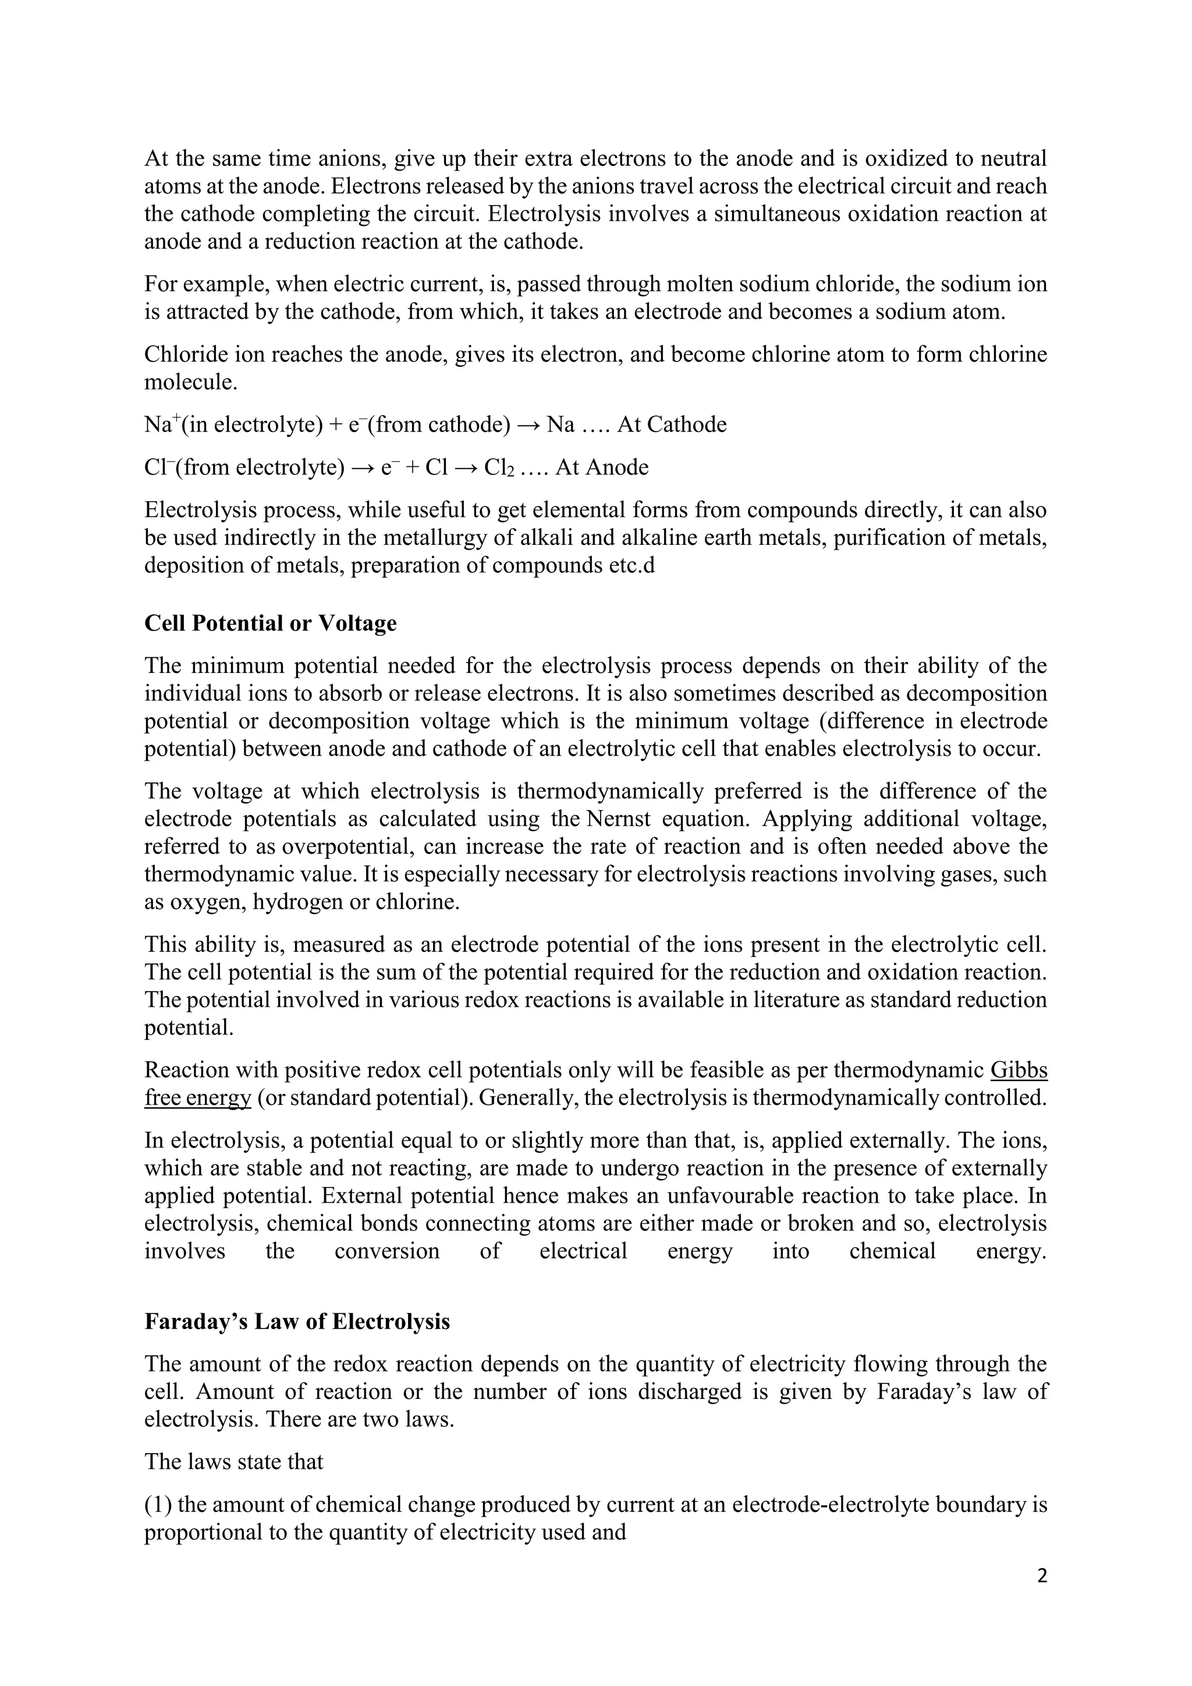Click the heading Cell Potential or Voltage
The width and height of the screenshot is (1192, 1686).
[270, 624]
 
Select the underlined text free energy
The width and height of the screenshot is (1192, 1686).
[197, 1099]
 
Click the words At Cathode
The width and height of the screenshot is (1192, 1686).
[672, 425]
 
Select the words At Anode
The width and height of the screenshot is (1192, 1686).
[601, 467]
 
